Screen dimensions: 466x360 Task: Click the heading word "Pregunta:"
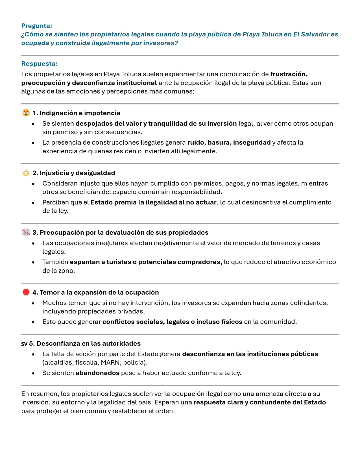(37, 26)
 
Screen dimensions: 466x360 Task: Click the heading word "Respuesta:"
(39, 64)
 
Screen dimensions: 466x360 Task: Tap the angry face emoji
(26, 113)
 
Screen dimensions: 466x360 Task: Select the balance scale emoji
(26, 173)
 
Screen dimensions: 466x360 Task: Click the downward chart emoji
(26, 232)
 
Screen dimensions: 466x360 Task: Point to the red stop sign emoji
(26, 292)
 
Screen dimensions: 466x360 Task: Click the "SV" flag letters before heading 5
(24, 344)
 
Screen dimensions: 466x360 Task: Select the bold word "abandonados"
(97, 373)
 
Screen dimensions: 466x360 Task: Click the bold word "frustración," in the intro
(289, 74)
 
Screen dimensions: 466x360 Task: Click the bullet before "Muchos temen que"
(33, 303)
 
